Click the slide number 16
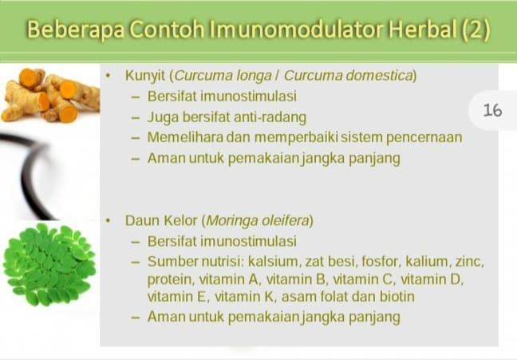click(492, 110)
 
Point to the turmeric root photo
click(49, 95)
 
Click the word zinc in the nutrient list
click(468, 261)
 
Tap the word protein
click(168, 279)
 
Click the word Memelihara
click(186, 137)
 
